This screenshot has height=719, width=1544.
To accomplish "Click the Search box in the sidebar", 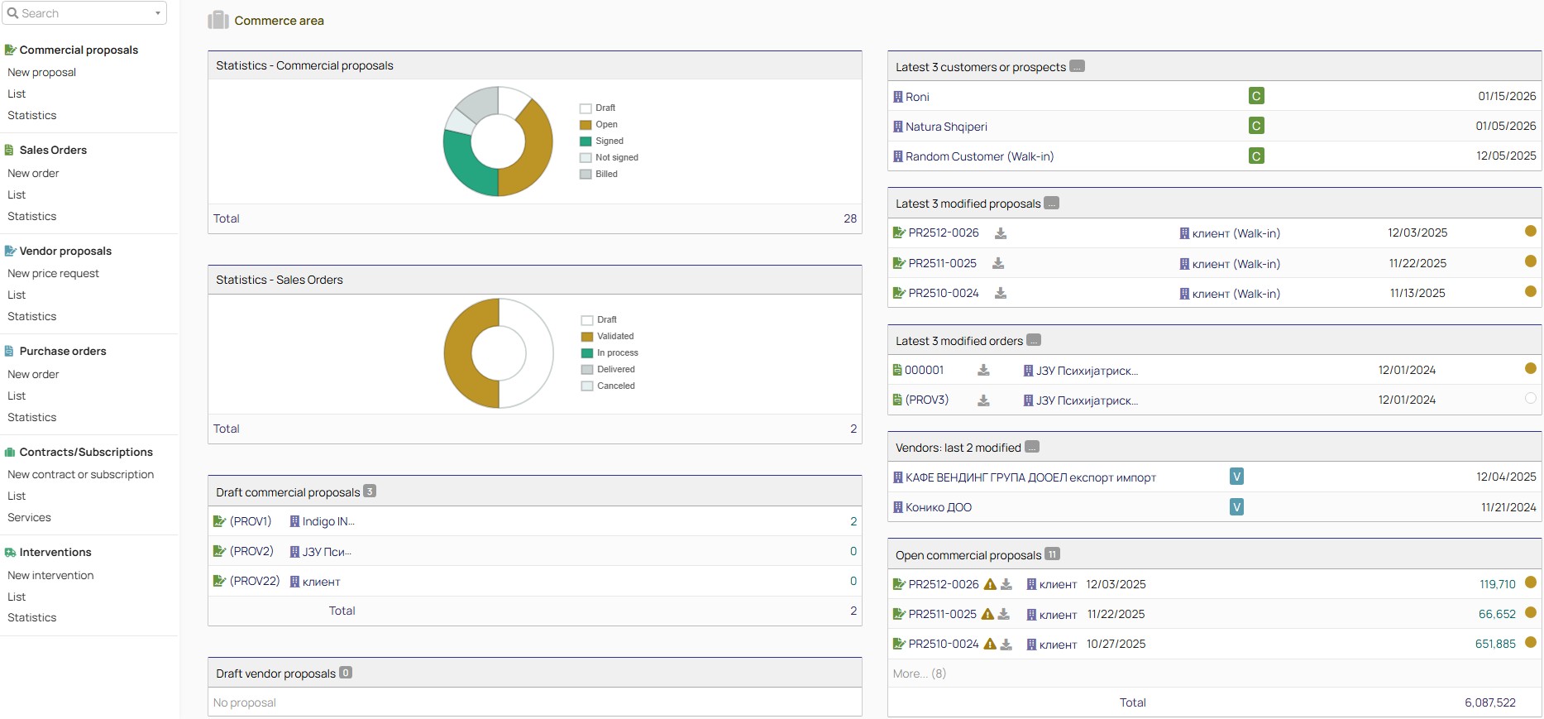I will coord(83,13).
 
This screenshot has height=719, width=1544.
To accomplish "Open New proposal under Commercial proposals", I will coord(41,73).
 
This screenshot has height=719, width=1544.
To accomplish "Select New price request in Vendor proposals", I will coord(53,274).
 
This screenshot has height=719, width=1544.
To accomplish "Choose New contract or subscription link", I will coord(80,475).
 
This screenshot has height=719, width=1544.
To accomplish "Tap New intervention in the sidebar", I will coord(50,576).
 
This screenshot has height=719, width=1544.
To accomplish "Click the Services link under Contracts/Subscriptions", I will coord(29,518).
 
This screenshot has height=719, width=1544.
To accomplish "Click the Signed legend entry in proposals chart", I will coord(609,141).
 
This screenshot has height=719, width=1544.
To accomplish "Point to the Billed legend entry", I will coord(606,175).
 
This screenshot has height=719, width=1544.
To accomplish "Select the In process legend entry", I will coord(617,353).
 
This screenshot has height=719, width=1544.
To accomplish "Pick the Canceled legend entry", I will coord(615,386).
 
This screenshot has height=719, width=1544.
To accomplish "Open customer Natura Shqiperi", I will coord(946,127).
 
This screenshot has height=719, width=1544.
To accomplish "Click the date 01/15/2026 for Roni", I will coord(1506,97).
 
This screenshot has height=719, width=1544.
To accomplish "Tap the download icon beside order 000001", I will coord(983,371).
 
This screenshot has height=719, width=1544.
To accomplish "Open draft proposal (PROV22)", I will coord(254,582).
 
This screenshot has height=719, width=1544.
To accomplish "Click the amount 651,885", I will coord(1495,645).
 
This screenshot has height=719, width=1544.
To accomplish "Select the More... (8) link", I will coord(919,674).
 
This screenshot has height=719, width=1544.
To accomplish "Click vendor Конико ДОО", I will coord(938,508).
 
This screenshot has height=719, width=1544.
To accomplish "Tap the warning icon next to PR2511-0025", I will coord(987,615).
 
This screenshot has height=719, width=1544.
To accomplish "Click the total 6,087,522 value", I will coord(1489,703).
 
